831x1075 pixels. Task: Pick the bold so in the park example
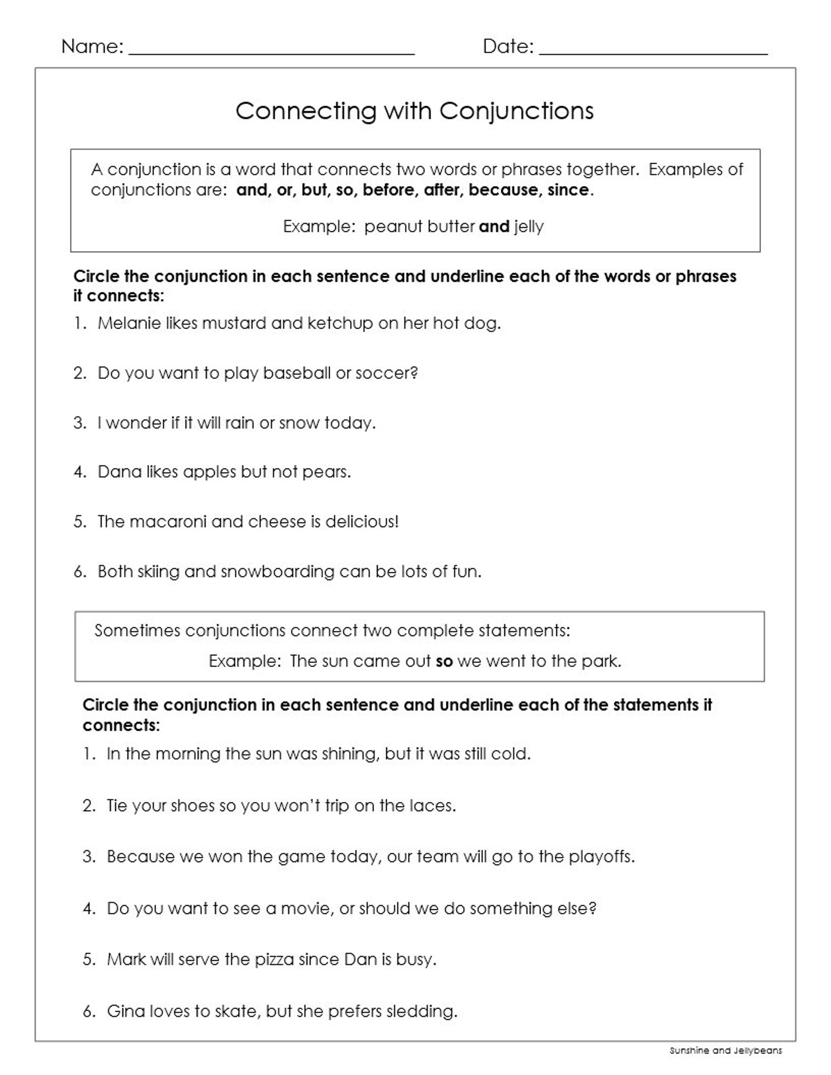pos(444,662)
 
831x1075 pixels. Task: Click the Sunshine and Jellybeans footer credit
pos(725,1050)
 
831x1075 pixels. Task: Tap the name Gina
pos(126,1011)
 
